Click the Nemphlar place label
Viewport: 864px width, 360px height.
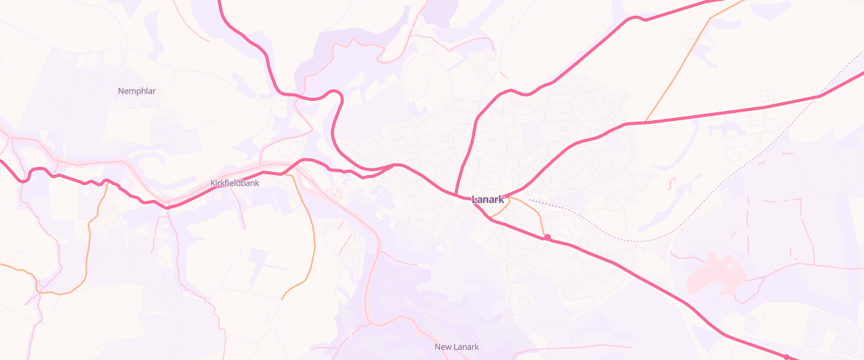pos(137,91)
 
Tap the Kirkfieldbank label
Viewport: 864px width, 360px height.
pos(235,183)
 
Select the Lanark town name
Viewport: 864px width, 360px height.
pos(487,199)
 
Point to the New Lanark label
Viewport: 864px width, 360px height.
pos(456,347)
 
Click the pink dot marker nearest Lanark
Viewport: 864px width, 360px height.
pos(547,238)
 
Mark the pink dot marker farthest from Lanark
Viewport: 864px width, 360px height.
pos(786,357)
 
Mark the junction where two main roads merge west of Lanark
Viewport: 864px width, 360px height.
pos(394,165)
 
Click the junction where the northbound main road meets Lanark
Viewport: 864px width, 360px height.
pos(456,193)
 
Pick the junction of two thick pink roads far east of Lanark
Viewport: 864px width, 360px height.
pos(820,96)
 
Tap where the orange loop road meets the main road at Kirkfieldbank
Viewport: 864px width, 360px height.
pos(291,173)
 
